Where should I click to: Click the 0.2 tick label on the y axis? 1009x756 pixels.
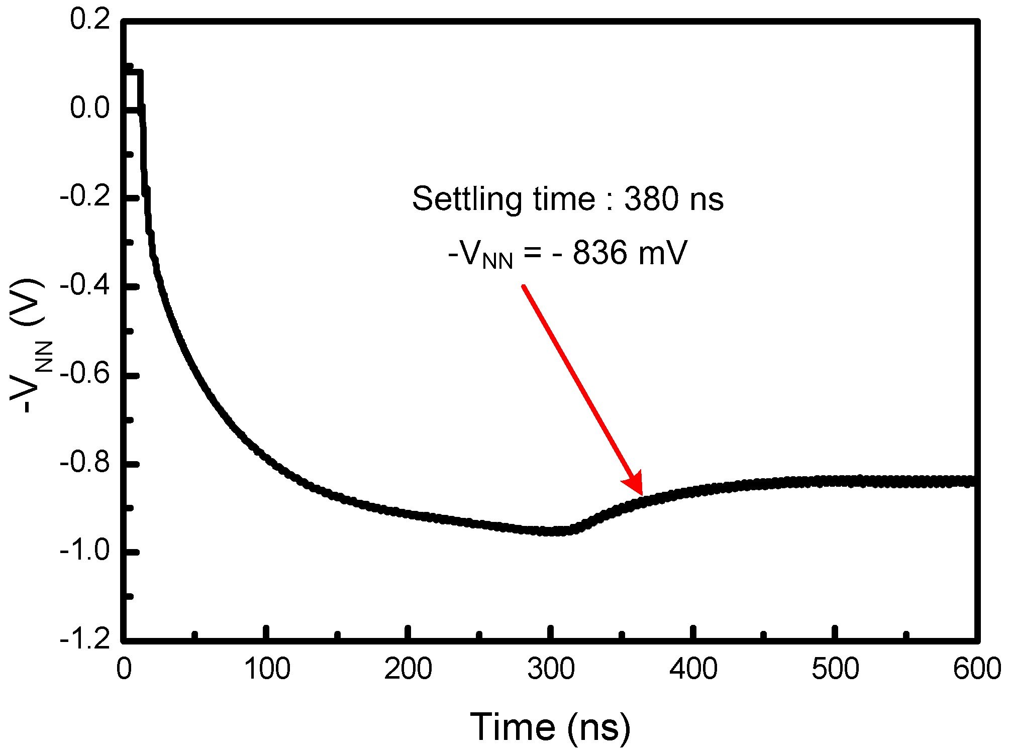89,20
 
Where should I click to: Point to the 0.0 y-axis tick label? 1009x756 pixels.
89,109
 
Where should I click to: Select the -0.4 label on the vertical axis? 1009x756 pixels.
84,286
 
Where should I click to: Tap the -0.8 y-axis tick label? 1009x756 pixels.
84,463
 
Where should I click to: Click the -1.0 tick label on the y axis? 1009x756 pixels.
84,552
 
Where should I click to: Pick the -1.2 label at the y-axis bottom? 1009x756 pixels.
84,639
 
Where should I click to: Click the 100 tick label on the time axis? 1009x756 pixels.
267,669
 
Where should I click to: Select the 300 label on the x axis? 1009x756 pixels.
551,669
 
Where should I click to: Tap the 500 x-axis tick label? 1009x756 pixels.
835,669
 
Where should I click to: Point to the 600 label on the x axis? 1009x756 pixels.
977,669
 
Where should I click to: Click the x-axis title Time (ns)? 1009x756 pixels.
550,727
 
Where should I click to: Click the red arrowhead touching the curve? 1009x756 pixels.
635,485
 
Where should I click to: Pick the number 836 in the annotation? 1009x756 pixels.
600,253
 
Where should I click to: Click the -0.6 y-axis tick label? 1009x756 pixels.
84,375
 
